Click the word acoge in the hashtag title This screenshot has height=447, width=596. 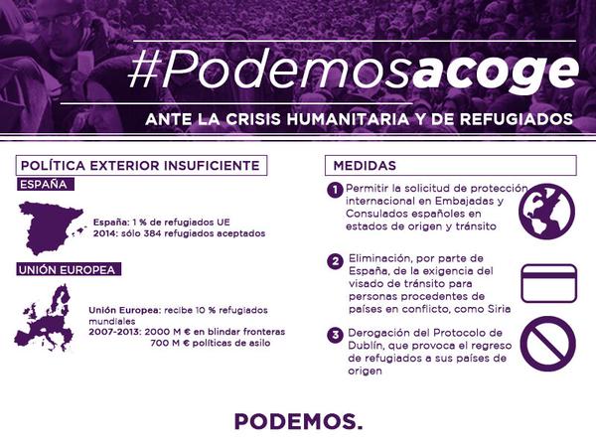(x=495, y=73)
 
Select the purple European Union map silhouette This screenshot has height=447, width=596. (x=44, y=318)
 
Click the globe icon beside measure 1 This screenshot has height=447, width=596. (x=547, y=212)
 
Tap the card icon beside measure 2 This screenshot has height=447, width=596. (x=549, y=283)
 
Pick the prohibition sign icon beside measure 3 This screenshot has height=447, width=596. (x=547, y=344)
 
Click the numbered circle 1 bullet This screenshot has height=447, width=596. (x=335, y=190)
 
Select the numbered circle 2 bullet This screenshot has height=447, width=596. (x=335, y=261)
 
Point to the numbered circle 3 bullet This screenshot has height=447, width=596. (x=335, y=336)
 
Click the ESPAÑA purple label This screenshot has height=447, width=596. (x=46, y=185)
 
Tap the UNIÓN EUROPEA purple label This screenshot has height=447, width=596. (x=69, y=269)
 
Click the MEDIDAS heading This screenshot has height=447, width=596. (x=365, y=166)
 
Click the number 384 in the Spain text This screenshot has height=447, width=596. (x=152, y=233)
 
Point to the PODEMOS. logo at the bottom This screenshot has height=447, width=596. (x=298, y=421)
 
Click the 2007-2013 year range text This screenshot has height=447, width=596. (x=115, y=332)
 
